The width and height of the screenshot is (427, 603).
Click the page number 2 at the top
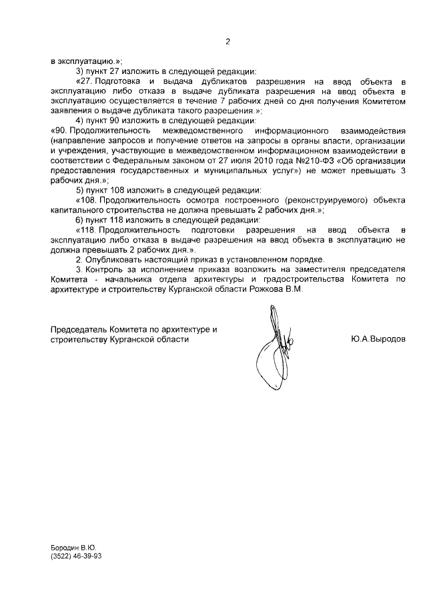pyautogui.click(x=227, y=42)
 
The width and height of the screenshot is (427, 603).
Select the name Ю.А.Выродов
pyautogui.click(x=377, y=339)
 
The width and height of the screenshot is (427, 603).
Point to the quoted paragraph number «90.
pyautogui.click(x=61, y=131)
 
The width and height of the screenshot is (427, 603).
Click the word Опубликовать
pyautogui.click(x=115, y=259)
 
